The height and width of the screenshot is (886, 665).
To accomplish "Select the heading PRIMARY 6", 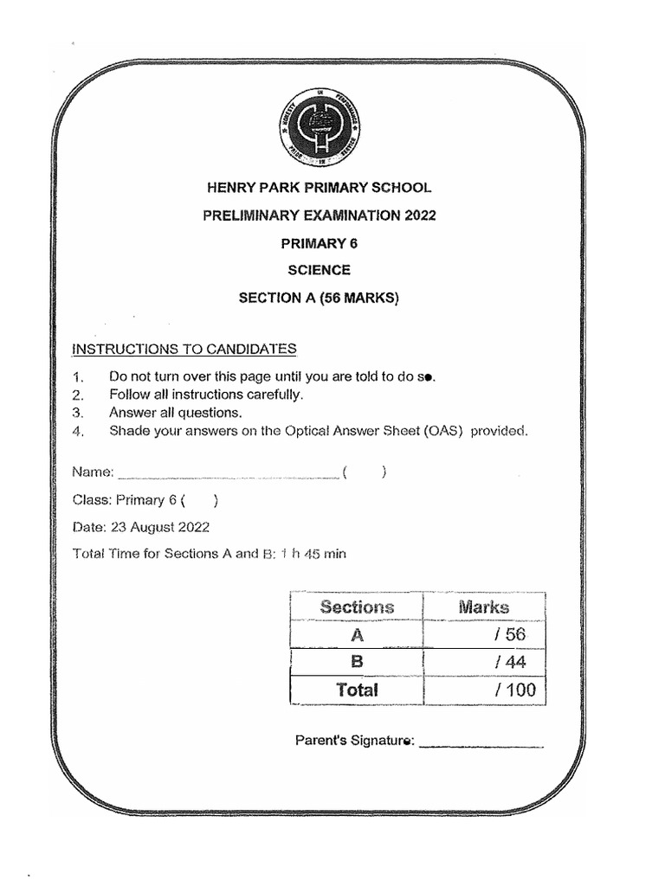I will (318, 243).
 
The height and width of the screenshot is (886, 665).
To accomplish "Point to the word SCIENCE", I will (319, 271).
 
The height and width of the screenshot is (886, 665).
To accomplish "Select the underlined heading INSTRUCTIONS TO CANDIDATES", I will (184, 350).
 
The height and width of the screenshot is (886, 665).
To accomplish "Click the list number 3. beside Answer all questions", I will (79, 413).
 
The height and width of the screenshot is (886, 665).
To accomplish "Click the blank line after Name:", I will (227, 473).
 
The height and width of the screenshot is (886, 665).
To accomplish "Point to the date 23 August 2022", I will (158, 527).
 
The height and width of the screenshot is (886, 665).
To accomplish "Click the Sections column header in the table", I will (357, 607).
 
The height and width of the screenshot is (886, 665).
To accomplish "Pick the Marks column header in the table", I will (483, 607).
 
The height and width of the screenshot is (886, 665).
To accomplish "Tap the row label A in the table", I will (356, 635).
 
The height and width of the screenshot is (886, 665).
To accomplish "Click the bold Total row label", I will (357, 690).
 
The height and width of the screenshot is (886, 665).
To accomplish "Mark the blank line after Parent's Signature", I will (481, 742).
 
